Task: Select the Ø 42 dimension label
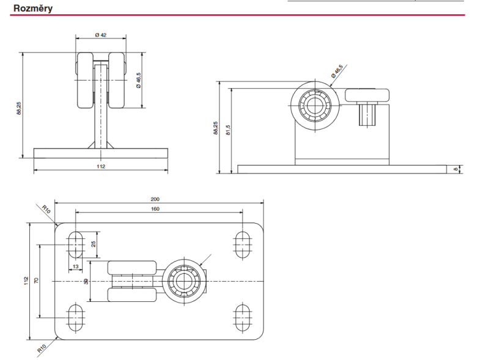[x=101, y=35]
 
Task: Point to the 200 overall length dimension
[x=155, y=199]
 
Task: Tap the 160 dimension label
[x=155, y=208]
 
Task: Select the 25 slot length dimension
[x=94, y=243]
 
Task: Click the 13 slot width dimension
[x=75, y=266]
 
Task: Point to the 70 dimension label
[x=36, y=281]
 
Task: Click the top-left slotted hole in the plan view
[x=76, y=243]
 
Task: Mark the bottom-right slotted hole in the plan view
[x=243, y=317]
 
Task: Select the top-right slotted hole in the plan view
[x=243, y=243]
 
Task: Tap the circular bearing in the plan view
[x=183, y=281]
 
